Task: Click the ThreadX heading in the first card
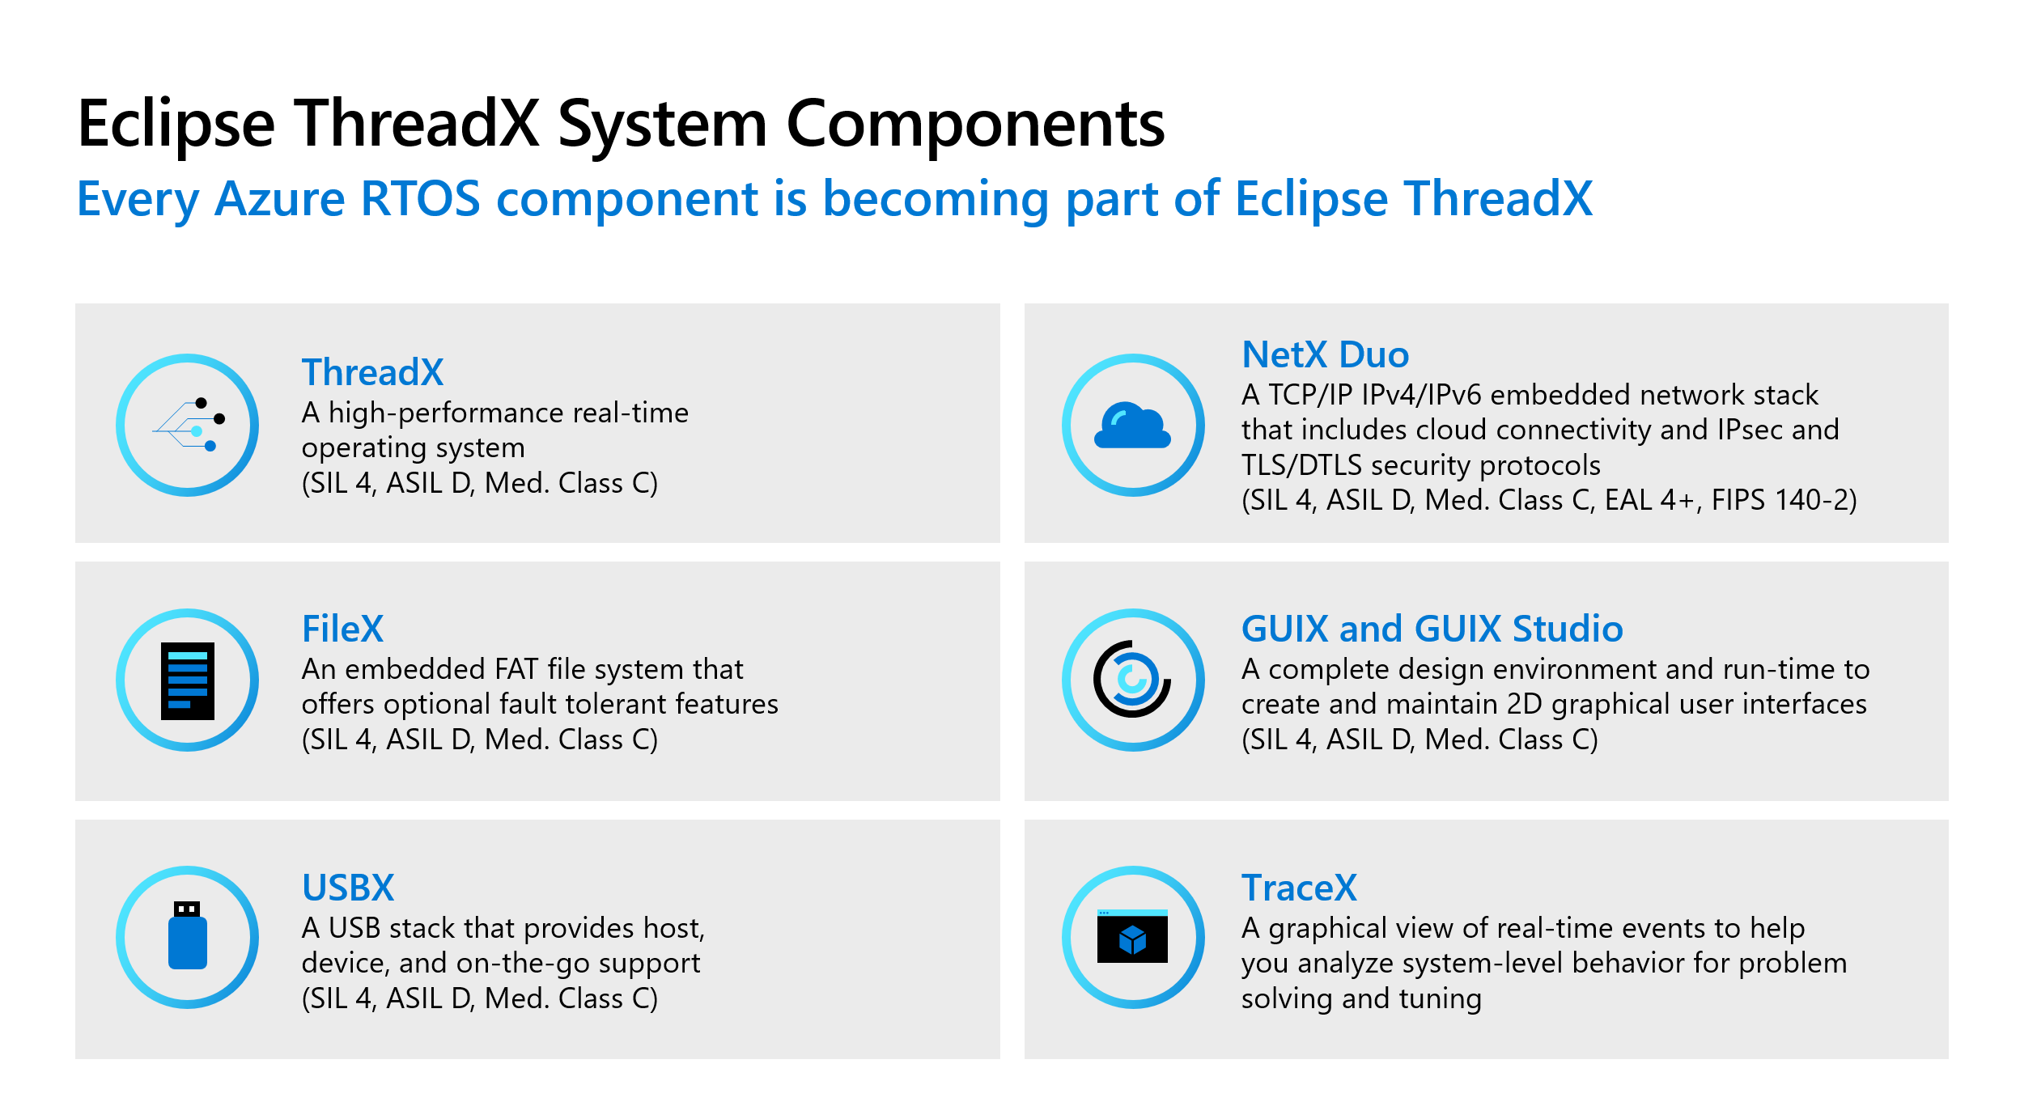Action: coord(372,372)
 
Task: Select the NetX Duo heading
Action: coord(1325,354)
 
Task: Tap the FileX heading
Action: coord(342,629)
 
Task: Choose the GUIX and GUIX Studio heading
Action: coord(1432,629)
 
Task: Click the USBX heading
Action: coord(348,888)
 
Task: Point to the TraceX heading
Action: coord(1298,888)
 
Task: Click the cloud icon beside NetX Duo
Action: coord(1132,426)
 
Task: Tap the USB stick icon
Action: coord(188,935)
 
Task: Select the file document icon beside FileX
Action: coord(188,680)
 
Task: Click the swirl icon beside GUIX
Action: coord(1132,679)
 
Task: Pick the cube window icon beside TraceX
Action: coord(1132,937)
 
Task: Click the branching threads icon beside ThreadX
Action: coord(189,425)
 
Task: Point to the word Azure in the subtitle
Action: coord(279,198)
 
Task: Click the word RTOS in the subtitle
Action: coord(420,198)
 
